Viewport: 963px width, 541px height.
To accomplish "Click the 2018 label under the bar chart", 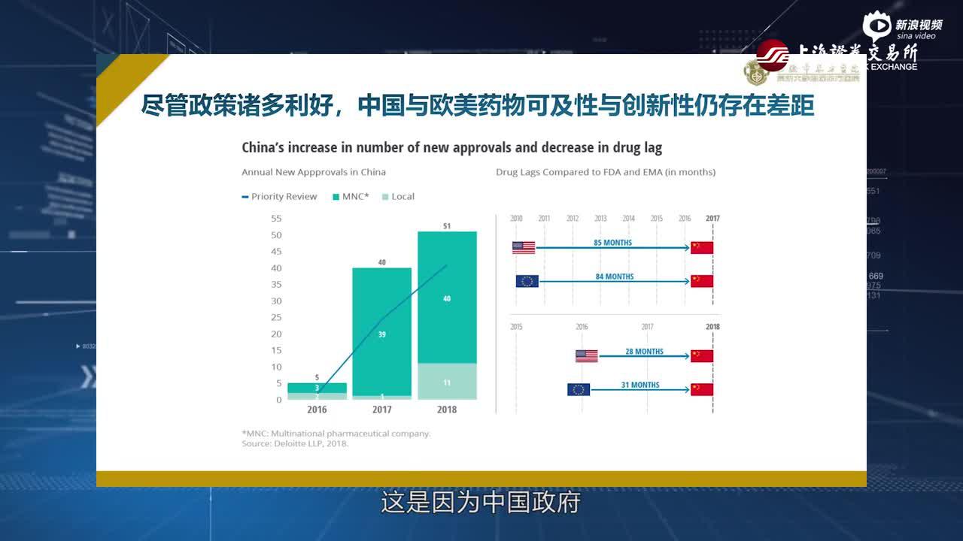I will (447, 410).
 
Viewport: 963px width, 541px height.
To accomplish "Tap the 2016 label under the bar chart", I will (317, 410).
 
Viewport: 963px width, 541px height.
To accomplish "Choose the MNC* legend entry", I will (351, 197).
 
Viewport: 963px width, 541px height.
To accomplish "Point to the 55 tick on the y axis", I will (276, 219).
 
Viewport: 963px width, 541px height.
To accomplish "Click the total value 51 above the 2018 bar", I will (447, 225).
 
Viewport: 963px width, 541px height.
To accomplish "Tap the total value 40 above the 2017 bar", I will (381, 262).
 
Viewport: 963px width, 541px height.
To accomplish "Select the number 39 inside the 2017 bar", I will (381, 334).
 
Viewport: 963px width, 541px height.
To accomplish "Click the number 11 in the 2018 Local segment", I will (447, 382).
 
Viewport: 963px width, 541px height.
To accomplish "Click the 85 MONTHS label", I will (613, 243).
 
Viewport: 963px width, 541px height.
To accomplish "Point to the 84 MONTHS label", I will (615, 277).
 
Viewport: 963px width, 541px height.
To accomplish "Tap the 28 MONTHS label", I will (644, 351).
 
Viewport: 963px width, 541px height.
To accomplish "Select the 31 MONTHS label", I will (640, 385).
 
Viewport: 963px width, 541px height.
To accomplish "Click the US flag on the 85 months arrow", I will (524, 248).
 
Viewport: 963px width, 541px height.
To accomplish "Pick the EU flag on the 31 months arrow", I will (579, 389).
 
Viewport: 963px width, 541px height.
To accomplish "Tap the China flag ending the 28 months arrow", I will (702, 356).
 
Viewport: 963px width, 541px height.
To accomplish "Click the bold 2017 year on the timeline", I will (712, 219).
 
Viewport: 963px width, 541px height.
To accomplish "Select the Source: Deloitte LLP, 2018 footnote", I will (296, 444).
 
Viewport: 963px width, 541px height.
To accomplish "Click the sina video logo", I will (902, 27).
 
